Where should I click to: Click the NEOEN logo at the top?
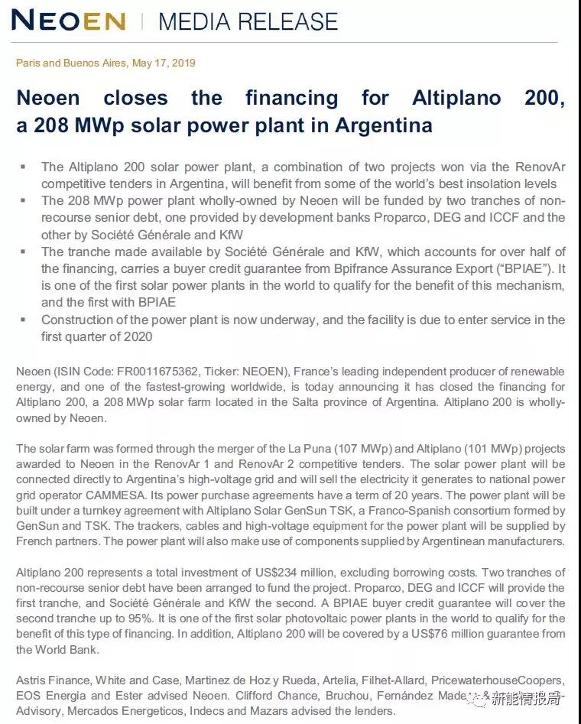click(69, 21)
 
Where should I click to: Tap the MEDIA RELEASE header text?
click(248, 21)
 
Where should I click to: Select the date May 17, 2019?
click(164, 63)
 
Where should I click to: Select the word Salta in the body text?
click(347, 401)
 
